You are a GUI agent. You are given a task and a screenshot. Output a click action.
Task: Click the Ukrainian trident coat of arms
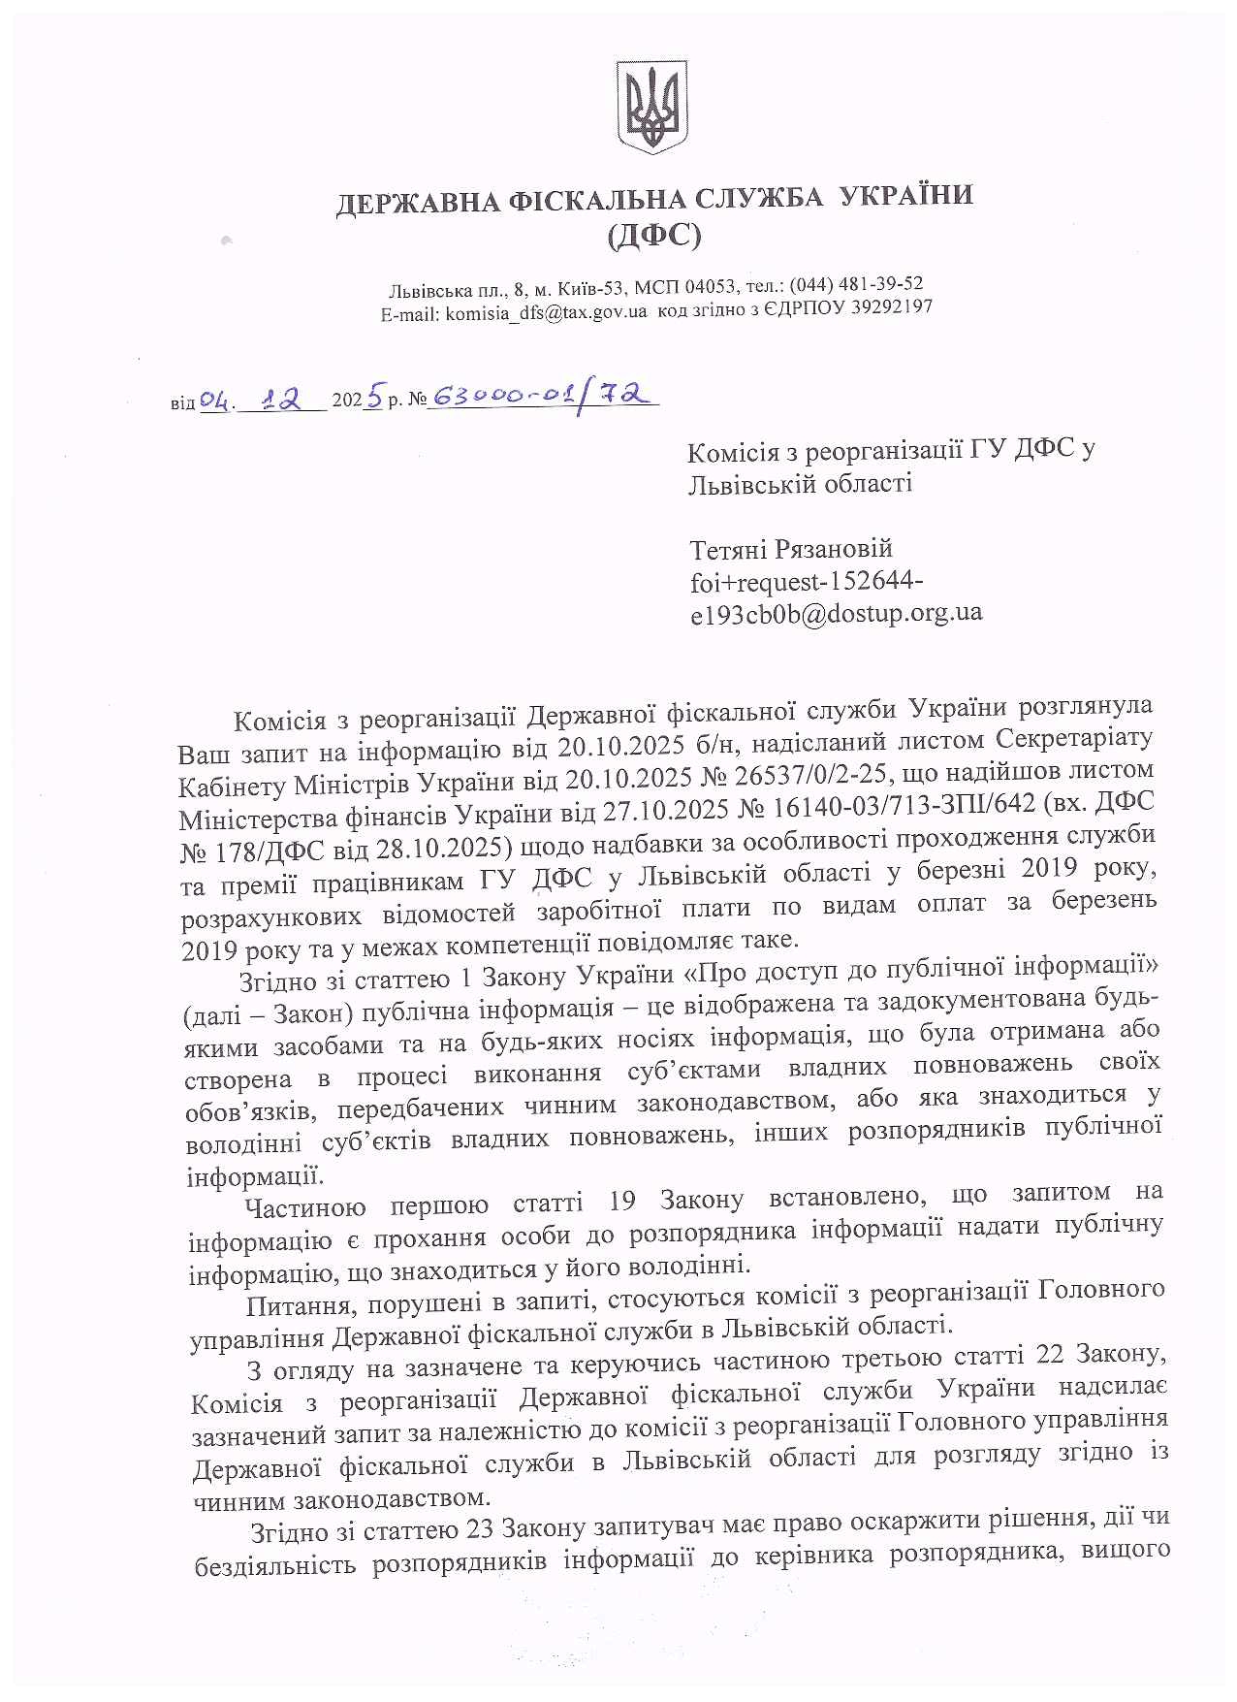[x=651, y=106]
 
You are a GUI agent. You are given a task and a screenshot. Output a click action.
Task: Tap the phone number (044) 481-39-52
[x=856, y=284]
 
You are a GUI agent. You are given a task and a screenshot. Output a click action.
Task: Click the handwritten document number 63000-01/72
[x=544, y=396]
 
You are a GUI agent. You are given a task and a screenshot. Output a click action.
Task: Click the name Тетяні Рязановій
[x=790, y=549]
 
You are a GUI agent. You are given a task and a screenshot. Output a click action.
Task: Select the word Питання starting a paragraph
[x=288, y=1305]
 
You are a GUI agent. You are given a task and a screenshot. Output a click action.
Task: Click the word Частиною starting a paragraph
[x=305, y=1207]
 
